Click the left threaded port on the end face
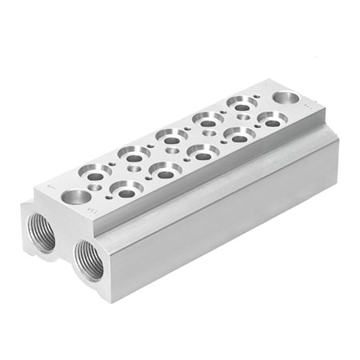coord(38,231)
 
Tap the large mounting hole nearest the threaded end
coord(77,197)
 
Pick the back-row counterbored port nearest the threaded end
coord(95,170)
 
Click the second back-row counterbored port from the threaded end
coord(130,152)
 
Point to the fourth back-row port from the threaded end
coord(207,118)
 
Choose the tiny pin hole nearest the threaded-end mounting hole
coord(96,188)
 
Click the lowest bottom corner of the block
coord(112,301)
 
